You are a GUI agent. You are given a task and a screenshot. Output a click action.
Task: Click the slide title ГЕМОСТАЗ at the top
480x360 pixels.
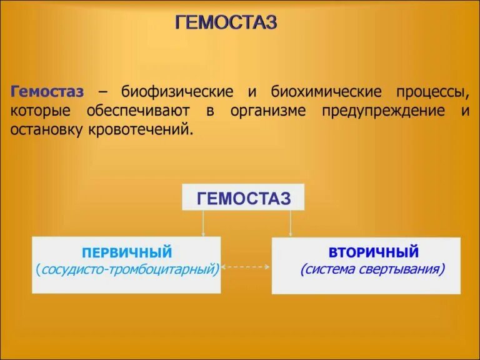coord(226,23)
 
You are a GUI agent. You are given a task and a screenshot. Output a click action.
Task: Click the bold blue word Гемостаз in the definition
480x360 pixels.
coord(47,92)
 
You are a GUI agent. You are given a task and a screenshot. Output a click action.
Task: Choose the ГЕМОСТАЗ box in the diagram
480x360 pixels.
coord(243,198)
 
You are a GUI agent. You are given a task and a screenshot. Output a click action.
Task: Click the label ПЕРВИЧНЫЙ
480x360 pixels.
coord(127,252)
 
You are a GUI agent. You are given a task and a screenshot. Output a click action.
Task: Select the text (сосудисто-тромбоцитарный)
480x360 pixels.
coord(127,270)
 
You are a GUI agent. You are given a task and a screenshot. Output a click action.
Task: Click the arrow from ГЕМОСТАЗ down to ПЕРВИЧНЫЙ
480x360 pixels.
coord(203,224)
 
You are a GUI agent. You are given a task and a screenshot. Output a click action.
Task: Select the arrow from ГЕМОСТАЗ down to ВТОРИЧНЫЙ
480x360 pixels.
coord(291,224)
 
